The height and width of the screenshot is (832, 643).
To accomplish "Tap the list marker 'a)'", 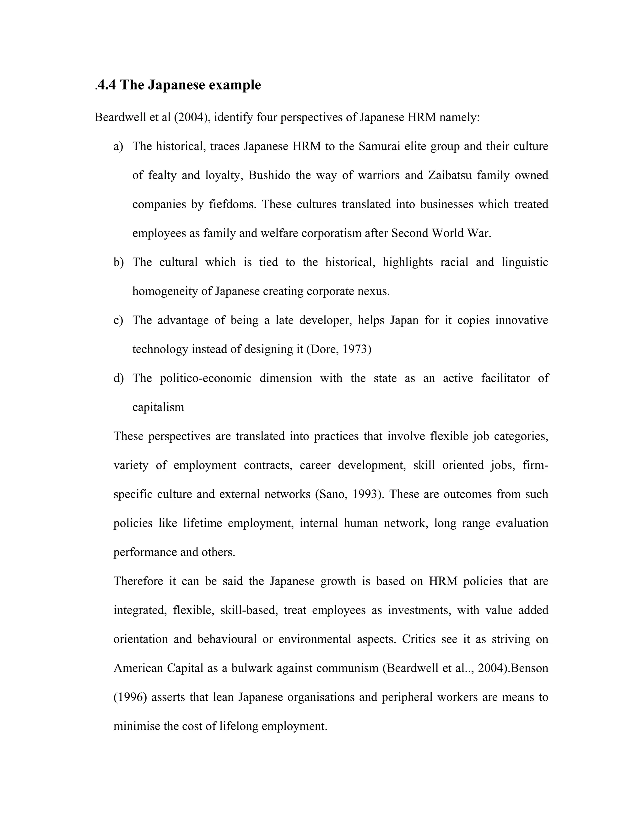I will pyautogui.click(x=118, y=147).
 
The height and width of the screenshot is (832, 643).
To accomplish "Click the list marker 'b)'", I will pyautogui.click(x=118, y=262).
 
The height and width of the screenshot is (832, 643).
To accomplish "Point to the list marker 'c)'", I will pyautogui.click(x=118, y=320).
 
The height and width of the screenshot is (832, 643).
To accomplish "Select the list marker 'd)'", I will pyautogui.click(x=118, y=378).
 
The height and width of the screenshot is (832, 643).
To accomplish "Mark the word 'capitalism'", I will pyautogui.click(x=158, y=407).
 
